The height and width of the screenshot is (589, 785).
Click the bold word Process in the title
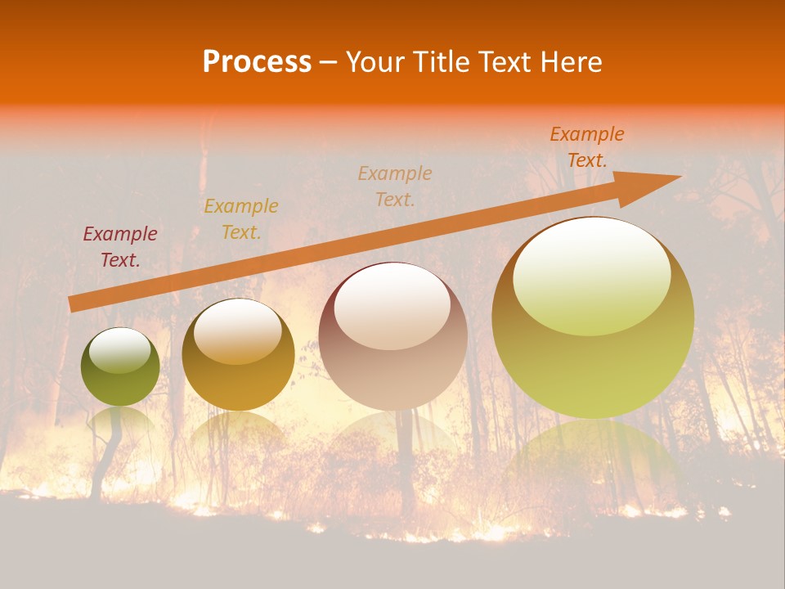[257, 62]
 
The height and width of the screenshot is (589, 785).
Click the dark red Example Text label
[119, 246]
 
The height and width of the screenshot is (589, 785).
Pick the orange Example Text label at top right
[586, 147]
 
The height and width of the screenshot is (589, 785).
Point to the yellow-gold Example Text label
[240, 218]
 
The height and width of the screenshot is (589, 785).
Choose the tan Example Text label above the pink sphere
[394, 186]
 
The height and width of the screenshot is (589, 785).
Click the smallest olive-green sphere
[120, 384]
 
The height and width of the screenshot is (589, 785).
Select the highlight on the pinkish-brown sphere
[392, 307]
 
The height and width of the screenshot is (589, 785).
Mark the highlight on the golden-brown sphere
[237, 332]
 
